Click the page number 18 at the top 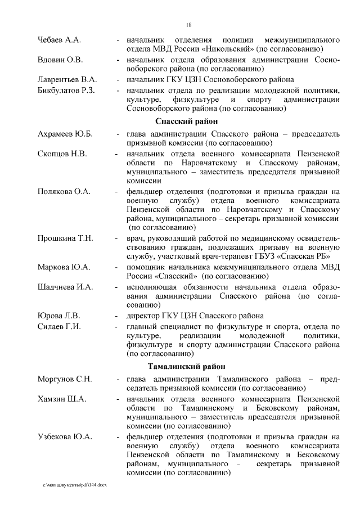click(x=189, y=24)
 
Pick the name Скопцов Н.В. click(x=62, y=153)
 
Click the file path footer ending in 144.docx click(x=74, y=484)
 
